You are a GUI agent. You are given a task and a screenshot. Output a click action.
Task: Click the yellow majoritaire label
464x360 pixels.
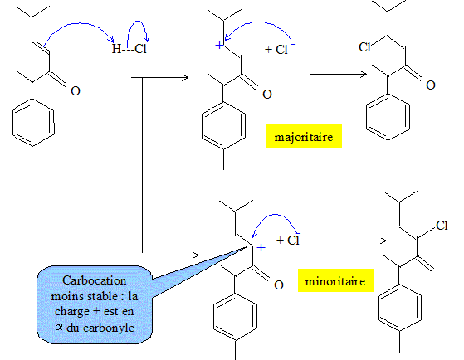pos(304,136)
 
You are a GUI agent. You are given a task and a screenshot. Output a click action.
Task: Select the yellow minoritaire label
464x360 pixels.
pos(335,280)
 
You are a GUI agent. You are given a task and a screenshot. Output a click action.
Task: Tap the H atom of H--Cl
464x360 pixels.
pos(116,48)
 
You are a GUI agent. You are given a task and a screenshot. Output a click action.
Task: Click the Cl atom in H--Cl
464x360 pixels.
pos(140,48)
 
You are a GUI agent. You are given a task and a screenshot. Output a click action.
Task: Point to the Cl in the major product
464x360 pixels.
pos(364,46)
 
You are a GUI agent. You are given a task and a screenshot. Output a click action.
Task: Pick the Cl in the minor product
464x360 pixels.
pos(442,226)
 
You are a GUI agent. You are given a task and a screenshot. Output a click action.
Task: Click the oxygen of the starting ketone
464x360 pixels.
pos(76,90)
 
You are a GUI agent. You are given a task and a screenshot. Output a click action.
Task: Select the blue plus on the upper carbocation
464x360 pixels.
pos(219,46)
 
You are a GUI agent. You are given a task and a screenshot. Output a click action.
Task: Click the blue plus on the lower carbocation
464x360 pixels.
pos(261,247)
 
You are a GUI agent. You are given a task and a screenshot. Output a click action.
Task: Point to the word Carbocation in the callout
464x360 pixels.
pos(95,280)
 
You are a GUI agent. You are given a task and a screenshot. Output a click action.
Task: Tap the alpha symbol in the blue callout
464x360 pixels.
pos(59,328)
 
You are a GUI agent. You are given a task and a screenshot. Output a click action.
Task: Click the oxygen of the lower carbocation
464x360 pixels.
pos(279,285)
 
